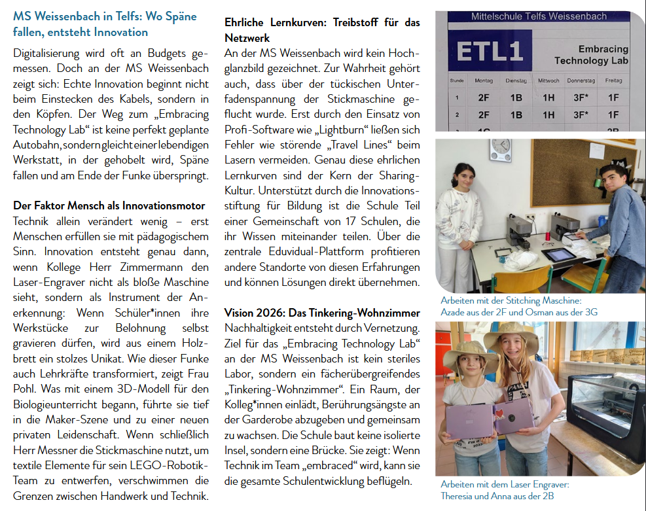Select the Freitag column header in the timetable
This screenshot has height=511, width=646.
click(613, 80)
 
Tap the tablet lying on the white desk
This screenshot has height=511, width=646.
click(559, 255)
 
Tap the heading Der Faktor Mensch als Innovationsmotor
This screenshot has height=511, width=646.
click(109, 205)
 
